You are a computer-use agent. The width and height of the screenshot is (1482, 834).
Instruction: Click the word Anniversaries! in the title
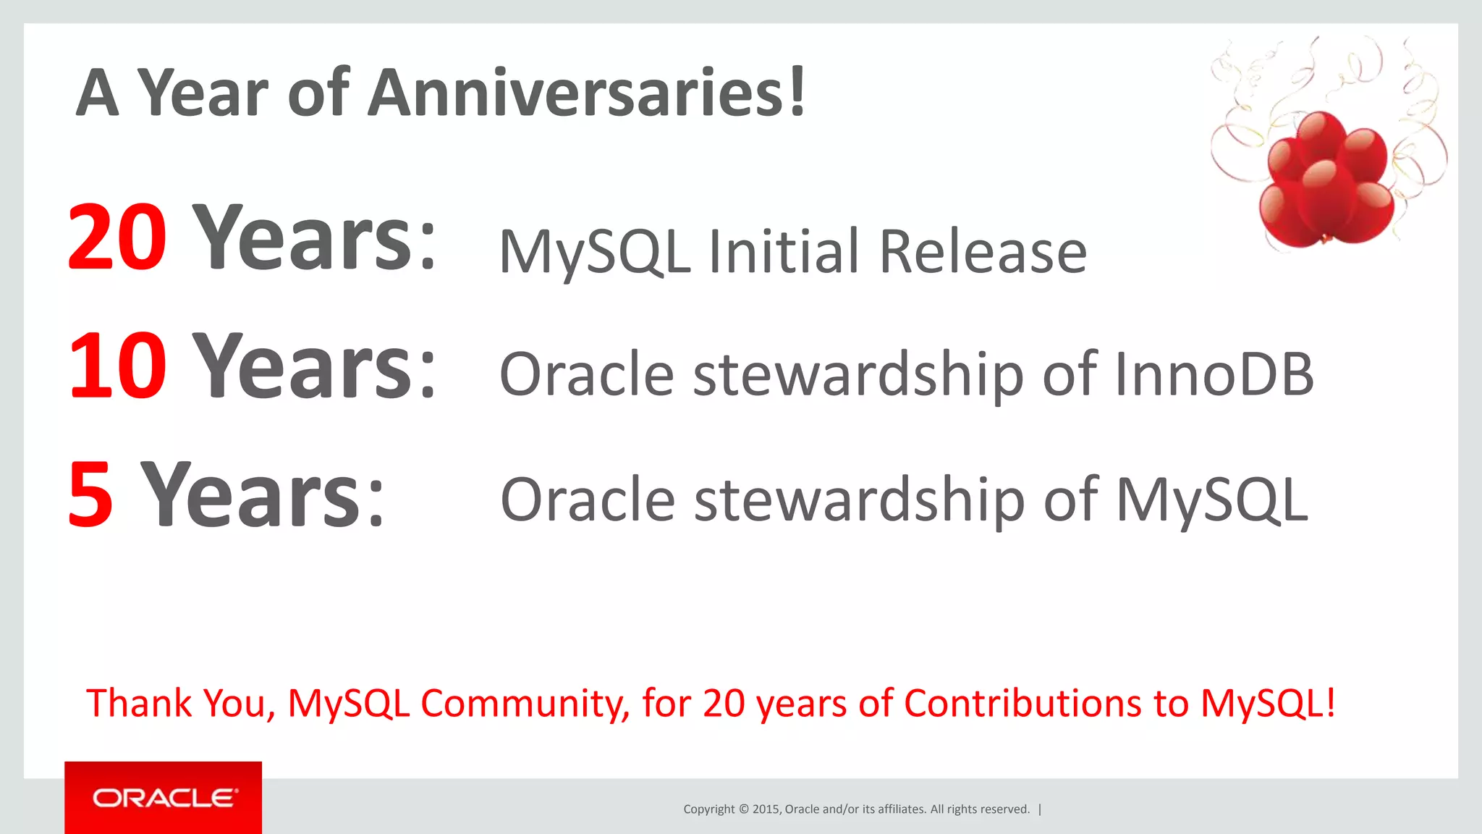pos(586,93)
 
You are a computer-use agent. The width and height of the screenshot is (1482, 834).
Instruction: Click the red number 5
pos(91,495)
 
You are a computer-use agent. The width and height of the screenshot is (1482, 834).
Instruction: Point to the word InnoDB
pos(1214,374)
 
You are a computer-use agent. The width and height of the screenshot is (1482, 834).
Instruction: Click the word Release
pos(982,252)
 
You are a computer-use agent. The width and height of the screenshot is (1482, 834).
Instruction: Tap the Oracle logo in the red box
pos(164,798)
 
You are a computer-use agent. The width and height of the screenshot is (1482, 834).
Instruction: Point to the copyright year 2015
pos(766,809)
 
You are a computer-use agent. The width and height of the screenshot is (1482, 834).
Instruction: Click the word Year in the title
pos(203,93)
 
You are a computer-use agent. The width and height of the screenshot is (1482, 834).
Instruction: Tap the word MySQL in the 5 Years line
pos(1212,500)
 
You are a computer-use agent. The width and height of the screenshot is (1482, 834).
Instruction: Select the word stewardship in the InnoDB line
pos(858,374)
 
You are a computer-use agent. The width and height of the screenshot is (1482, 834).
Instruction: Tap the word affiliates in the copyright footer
pos(902,809)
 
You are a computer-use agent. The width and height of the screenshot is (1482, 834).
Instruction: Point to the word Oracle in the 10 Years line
pos(587,374)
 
